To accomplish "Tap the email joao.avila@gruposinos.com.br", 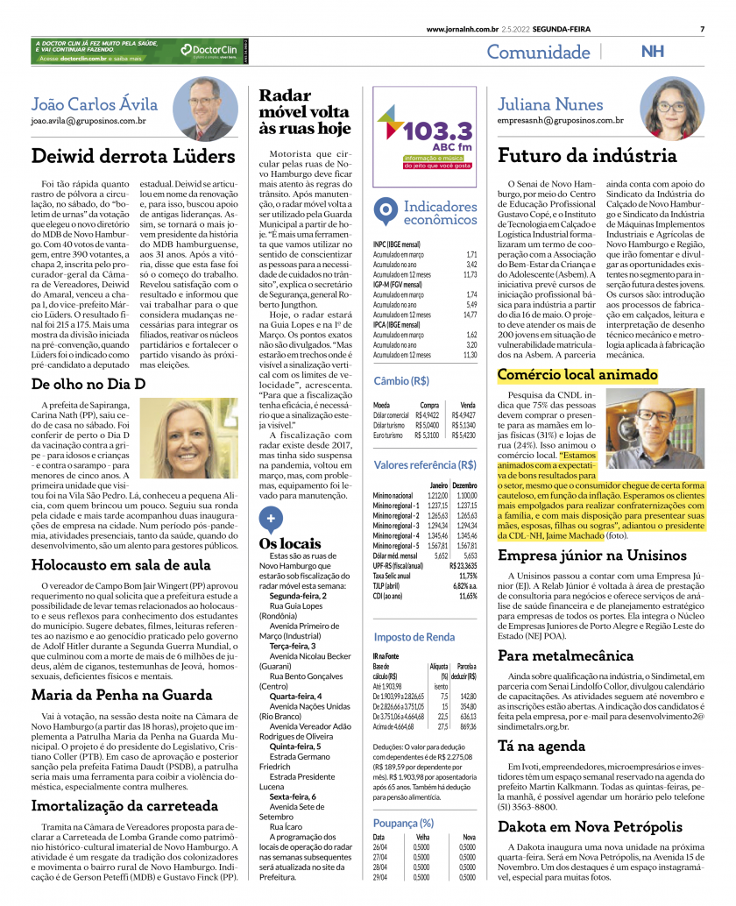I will click(x=88, y=119).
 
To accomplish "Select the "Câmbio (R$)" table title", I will click(x=402, y=381).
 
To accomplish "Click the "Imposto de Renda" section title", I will click(x=414, y=637).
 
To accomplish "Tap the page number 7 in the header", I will click(x=702, y=29).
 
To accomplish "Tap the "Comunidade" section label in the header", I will click(x=538, y=52).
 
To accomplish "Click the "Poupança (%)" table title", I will click(x=403, y=823).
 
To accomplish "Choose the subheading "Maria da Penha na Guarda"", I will click(x=122, y=695).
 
